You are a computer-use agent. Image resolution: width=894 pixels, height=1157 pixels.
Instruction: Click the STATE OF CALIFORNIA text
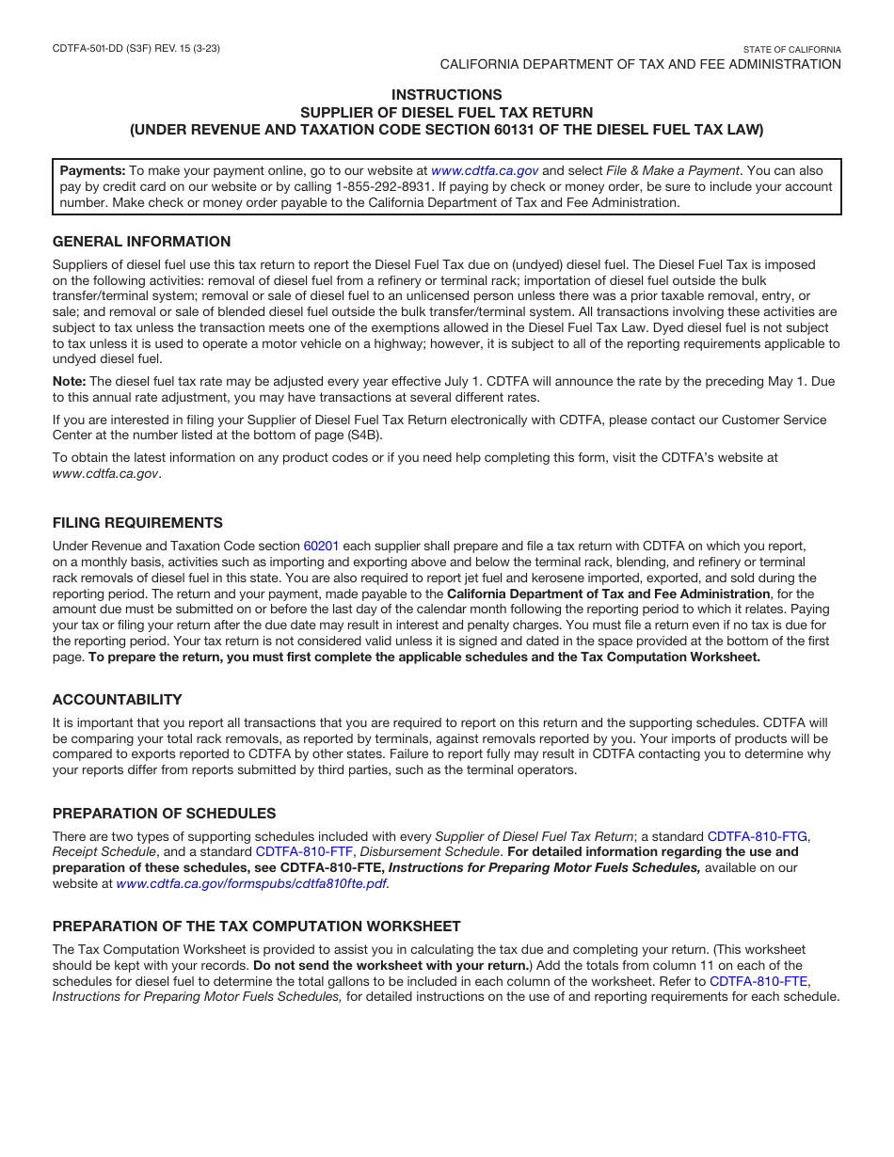[x=791, y=49]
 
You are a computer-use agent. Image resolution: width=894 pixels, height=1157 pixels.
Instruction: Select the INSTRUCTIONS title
[x=446, y=95]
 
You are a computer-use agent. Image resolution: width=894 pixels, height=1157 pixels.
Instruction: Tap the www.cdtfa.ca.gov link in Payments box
[x=485, y=171]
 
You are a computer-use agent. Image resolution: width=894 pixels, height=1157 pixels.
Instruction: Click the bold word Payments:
[x=92, y=171]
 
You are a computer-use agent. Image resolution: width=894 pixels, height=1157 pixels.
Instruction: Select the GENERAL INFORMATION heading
[x=141, y=242]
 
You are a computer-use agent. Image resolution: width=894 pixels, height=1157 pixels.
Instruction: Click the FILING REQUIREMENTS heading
[x=137, y=523]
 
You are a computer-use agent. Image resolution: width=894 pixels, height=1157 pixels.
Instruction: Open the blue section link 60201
[x=321, y=547]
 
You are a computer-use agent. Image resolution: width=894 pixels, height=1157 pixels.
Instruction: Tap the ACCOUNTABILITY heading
[x=117, y=700]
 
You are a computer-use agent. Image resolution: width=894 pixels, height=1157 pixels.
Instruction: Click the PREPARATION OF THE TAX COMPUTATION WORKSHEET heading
[x=256, y=927]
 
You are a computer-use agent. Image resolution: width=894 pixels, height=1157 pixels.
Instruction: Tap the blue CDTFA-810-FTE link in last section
[x=758, y=981]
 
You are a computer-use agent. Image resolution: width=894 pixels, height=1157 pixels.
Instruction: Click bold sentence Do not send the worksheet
[x=390, y=966]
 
